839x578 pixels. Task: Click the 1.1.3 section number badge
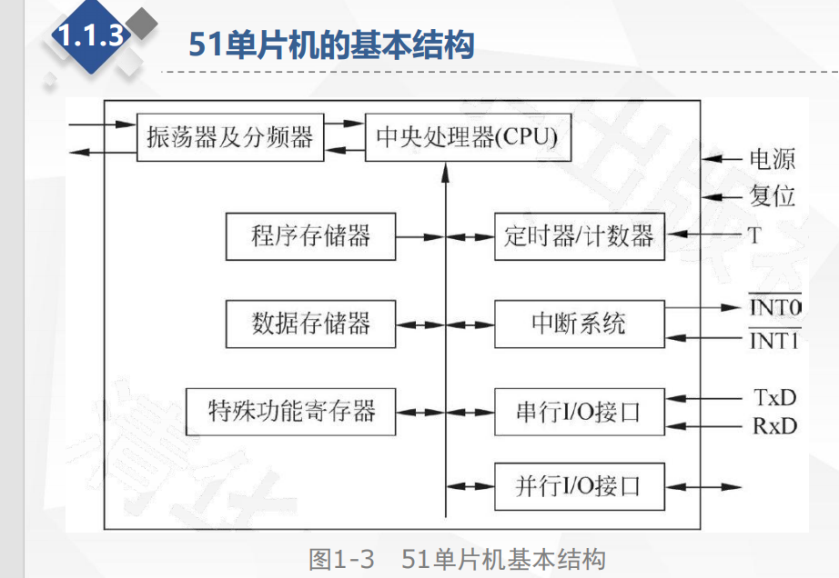(x=90, y=35)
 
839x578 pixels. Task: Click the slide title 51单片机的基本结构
(x=331, y=45)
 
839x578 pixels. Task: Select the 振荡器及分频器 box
(x=229, y=138)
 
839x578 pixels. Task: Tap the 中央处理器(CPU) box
(x=468, y=138)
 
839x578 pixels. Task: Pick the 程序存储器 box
(x=310, y=236)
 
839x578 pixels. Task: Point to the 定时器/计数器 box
(x=579, y=236)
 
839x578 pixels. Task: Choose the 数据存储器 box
(x=310, y=324)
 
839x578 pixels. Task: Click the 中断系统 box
(x=579, y=324)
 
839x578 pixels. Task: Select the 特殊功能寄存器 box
(x=291, y=411)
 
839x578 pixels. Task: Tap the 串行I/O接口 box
(x=579, y=412)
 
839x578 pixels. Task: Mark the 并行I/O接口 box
(x=579, y=485)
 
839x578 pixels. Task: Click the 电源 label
(x=773, y=160)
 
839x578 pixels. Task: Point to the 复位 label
(x=773, y=196)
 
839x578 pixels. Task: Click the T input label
(x=754, y=236)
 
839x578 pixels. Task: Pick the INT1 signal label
(x=773, y=342)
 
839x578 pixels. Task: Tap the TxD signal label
(x=774, y=397)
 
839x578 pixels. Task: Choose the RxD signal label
(x=774, y=425)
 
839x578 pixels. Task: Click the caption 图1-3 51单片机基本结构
(x=457, y=560)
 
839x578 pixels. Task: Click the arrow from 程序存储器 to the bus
(x=419, y=237)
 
